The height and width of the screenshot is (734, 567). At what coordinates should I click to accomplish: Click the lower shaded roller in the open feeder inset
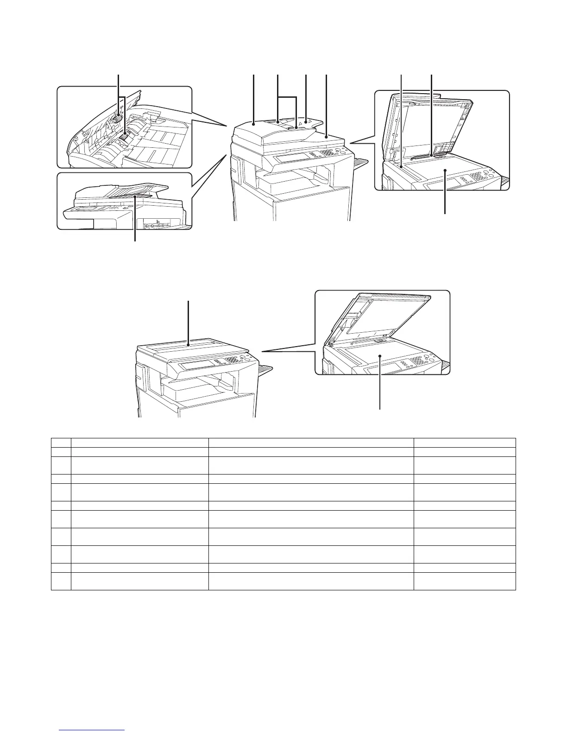coord(124,138)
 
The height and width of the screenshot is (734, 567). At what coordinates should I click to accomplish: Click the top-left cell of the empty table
coord(61,442)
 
